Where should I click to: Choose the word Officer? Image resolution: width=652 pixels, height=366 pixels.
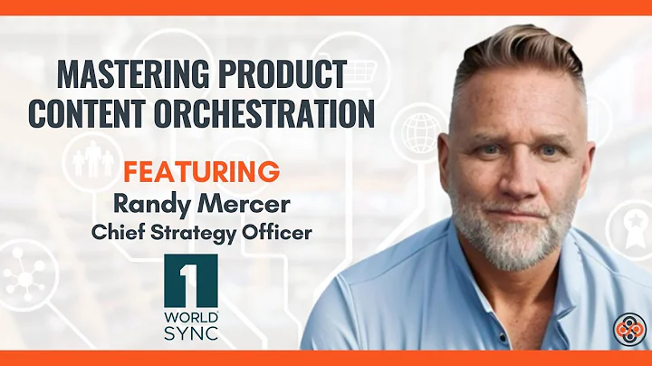(277, 232)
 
